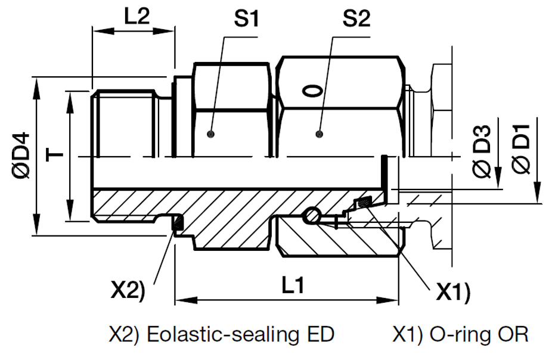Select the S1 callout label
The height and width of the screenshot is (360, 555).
(x=246, y=20)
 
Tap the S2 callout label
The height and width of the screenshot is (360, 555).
(x=356, y=20)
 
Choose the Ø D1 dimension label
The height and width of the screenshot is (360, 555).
(x=521, y=151)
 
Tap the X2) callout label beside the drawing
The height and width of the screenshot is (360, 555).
(x=128, y=290)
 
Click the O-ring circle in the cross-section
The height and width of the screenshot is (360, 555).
(x=312, y=216)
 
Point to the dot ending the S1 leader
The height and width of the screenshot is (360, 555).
(x=210, y=133)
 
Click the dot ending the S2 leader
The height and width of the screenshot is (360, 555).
(x=320, y=134)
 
